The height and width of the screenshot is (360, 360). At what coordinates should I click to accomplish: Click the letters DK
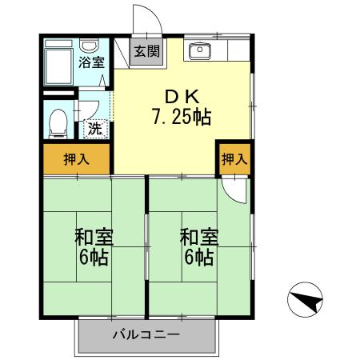coord(181,94)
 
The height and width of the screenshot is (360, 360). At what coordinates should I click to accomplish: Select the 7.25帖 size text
coord(182,118)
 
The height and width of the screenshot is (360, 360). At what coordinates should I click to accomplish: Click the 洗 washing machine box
coord(94,127)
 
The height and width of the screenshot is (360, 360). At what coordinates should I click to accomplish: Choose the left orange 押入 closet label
coord(77,159)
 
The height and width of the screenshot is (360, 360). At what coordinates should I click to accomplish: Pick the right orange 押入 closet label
coord(233,159)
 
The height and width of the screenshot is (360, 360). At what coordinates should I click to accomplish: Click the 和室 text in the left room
coord(94,238)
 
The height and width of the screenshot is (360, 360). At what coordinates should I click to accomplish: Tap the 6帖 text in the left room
coord(94,258)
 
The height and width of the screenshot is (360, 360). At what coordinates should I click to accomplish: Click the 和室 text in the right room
coord(197,238)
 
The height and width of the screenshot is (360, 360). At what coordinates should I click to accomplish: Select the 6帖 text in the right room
coord(197,258)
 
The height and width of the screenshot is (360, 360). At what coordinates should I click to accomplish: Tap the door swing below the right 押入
coord(233,188)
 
